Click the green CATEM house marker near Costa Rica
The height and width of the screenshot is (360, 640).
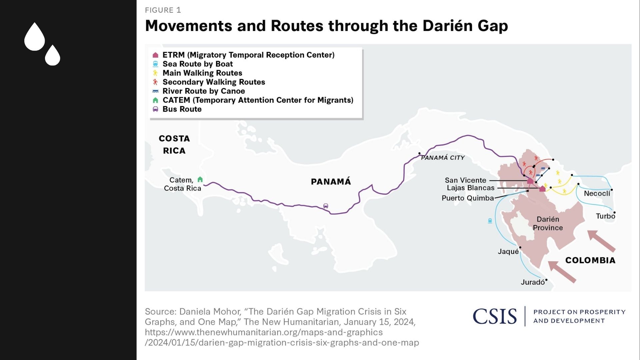[x=200, y=179]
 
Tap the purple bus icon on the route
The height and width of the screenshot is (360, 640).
[x=326, y=206]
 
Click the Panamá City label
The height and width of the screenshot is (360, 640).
[x=443, y=158]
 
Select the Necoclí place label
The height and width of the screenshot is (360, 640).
[x=597, y=194]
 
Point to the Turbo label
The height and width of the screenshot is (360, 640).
[x=605, y=216]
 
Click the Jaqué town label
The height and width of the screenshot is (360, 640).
[x=508, y=251]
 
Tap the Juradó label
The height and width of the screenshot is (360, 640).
[x=533, y=282]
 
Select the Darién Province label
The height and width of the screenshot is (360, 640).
[x=548, y=223]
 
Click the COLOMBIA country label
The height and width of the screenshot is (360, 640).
[x=590, y=260]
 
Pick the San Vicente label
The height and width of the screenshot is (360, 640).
[x=465, y=180]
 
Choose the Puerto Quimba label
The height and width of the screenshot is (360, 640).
[x=468, y=198]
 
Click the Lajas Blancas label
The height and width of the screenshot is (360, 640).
[x=470, y=188]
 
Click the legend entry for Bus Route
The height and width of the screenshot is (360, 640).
[x=182, y=109]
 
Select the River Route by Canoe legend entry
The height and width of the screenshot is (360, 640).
[x=203, y=91]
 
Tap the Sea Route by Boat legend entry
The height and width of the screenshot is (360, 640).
[x=197, y=64]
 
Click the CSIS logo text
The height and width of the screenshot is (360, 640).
[x=495, y=316]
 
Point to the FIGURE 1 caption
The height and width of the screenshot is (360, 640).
[x=163, y=10]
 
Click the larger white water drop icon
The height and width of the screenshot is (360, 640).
[x=35, y=37]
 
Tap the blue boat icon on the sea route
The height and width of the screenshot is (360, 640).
[x=490, y=221]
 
